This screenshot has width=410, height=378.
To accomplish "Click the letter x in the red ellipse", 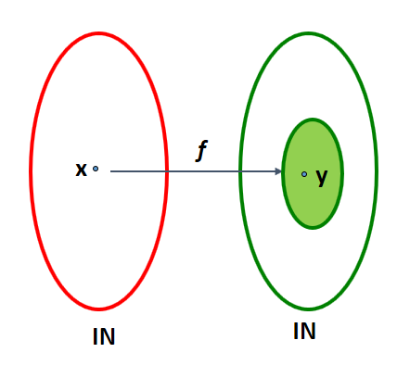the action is point(81,170).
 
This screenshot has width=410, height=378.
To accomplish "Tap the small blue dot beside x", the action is point(96,169).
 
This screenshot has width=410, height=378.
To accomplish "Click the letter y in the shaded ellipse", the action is point(322,178).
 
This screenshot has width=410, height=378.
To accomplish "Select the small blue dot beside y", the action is point(304,174).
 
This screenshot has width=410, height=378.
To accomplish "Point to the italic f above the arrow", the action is point(201,151).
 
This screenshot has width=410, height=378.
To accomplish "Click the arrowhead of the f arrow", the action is point(278,171).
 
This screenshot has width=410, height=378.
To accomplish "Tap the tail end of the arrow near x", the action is point(110,171).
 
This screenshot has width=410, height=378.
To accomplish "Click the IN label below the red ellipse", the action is point(104,336).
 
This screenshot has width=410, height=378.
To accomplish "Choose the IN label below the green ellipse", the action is point(304,331).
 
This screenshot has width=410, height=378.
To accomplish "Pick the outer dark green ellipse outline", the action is point(240,170).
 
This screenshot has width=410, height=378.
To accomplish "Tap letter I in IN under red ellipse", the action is point(95,336).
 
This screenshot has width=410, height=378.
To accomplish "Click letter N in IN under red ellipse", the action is point(108,336).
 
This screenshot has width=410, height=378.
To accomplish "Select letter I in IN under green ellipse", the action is point(295,331).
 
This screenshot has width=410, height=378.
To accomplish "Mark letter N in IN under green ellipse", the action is point(308,331).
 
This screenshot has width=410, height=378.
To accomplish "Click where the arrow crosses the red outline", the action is point(167,171).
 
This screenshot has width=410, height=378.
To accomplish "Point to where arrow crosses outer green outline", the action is point(240,171).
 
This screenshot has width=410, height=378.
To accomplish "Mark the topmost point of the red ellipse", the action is point(98,32).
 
